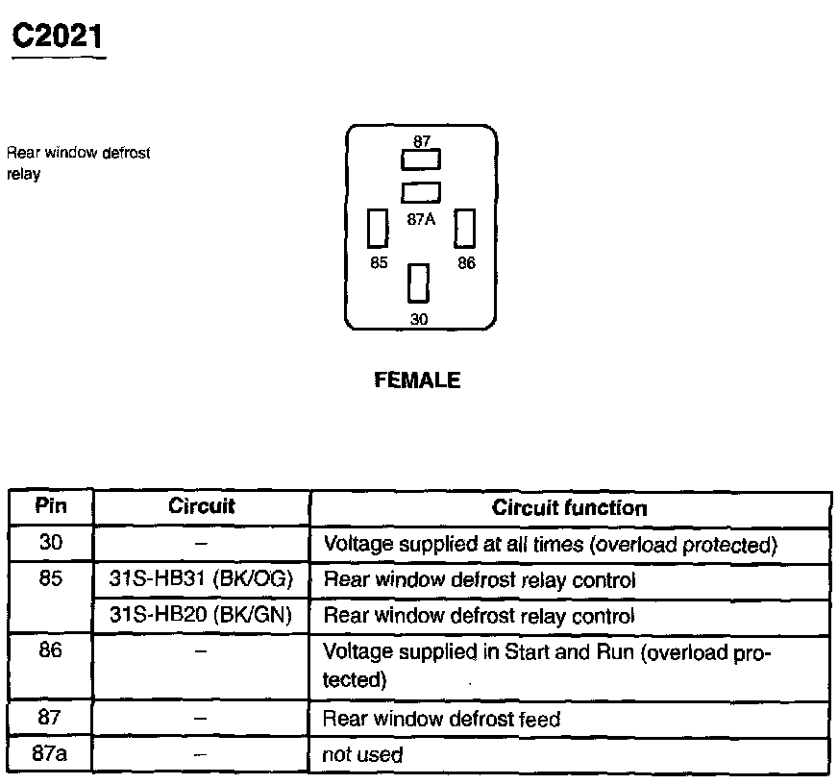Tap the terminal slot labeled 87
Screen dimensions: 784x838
click(421, 159)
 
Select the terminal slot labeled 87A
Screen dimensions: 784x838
click(421, 192)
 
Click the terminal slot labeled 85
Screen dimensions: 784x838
click(378, 229)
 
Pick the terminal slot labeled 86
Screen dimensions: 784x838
click(466, 229)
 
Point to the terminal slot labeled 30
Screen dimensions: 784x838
click(418, 284)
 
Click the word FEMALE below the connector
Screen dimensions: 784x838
click(416, 380)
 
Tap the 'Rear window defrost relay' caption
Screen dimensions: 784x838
click(78, 163)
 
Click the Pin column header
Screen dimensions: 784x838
click(51, 506)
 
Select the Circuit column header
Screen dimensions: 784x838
click(202, 506)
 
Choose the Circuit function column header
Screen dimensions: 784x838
click(570, 507)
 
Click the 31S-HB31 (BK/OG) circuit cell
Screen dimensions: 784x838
click(202, 579)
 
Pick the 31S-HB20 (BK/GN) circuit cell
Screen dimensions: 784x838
click(202, 615)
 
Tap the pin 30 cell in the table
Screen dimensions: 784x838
click(51, 543)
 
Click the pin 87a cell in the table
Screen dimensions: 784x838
click(51, 753)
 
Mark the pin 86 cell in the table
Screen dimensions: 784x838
click(51, 651)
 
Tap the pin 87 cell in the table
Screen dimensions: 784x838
click(51, 718)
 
